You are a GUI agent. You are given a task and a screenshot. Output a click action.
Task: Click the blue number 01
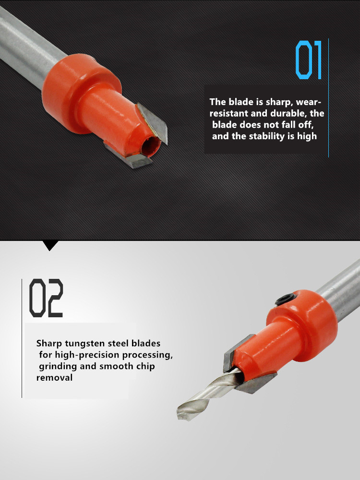click(309, 60)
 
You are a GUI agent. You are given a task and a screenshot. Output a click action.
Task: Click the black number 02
click(46, 298)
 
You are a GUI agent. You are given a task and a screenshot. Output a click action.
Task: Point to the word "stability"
click(266, 136)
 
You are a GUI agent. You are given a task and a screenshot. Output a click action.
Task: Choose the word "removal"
click(55, 378)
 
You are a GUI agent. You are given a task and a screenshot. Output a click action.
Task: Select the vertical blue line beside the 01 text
click(328, 98)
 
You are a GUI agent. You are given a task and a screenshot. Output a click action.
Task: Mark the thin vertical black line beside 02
click(22, 338)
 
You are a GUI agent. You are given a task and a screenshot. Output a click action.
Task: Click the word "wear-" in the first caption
click(309, 102)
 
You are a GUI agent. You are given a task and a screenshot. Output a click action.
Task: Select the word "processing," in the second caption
click(147, 355)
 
